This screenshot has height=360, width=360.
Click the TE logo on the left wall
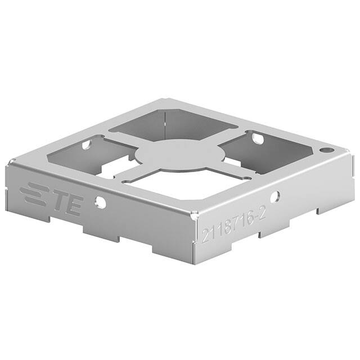pos(51,199)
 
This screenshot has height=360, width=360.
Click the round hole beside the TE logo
pos(100,202)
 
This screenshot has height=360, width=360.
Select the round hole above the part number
pos(274,197)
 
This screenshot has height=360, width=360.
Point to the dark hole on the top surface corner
pos(325,151)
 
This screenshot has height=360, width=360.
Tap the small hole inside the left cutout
pos(86,145)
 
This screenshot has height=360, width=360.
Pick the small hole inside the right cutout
pos(256,137)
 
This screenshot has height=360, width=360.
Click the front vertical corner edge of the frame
pos(194,236)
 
